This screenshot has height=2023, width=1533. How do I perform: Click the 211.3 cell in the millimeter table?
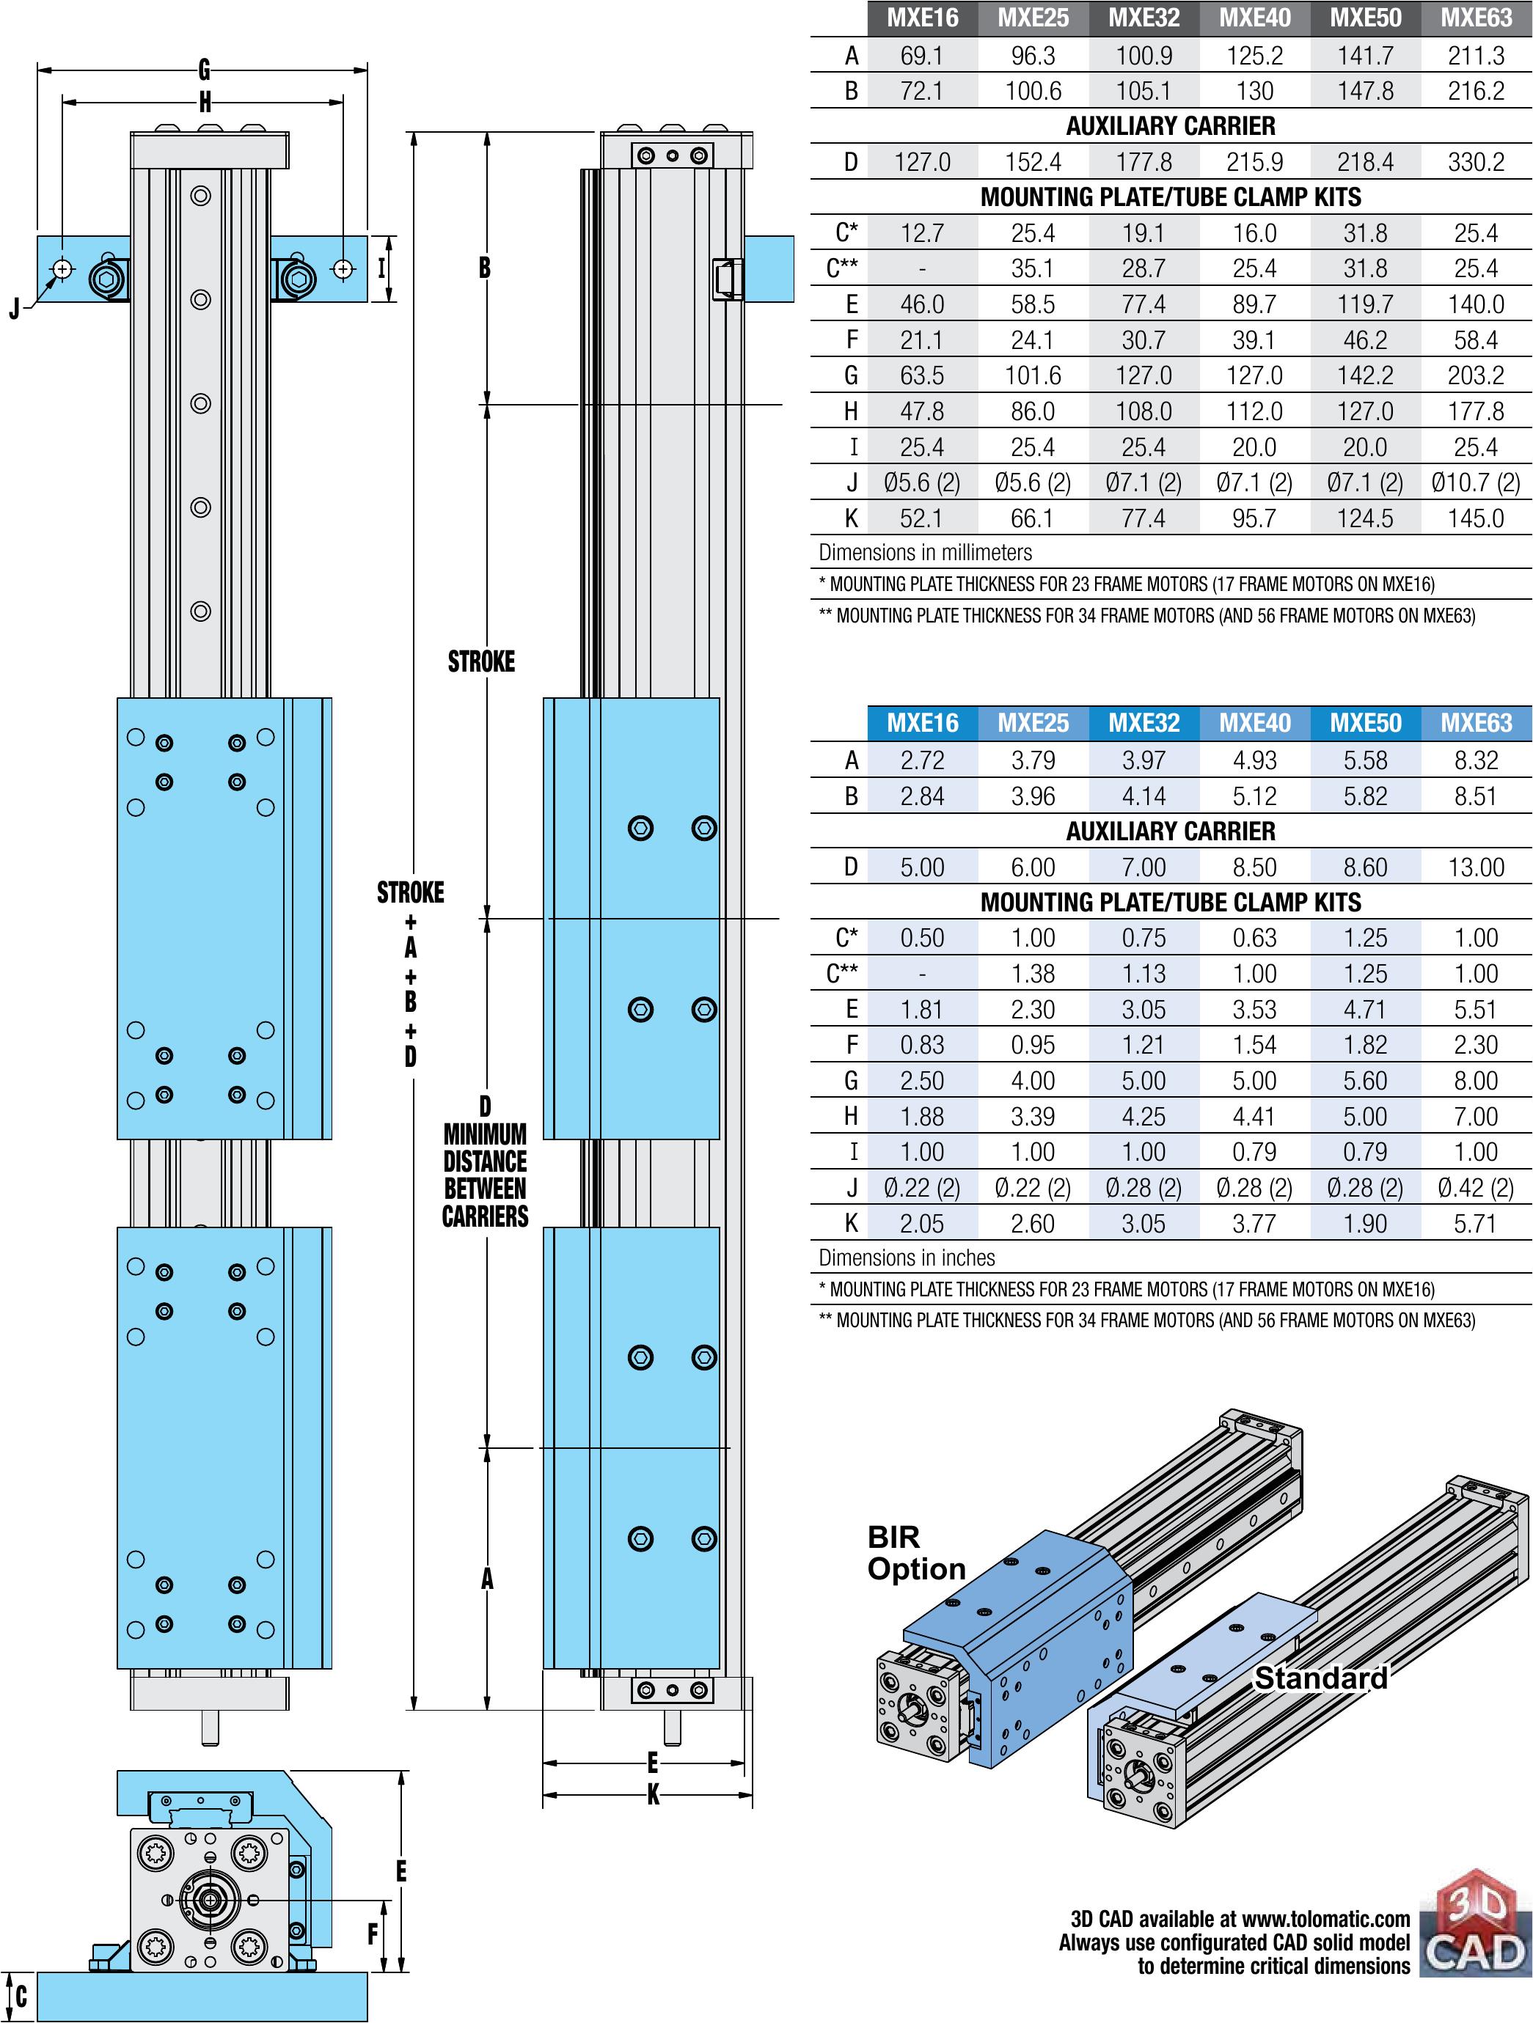[x=1475, y=56]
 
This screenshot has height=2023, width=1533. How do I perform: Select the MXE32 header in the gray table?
[x=1144, y=18]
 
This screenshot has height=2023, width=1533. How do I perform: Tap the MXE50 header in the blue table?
[x=1365, y=724]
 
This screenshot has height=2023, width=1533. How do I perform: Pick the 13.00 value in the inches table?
[x=1475, y=867]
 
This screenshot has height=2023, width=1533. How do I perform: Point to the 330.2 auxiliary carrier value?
[x=1475, y=162]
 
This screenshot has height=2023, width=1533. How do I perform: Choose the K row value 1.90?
[x=1365, y=1224]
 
